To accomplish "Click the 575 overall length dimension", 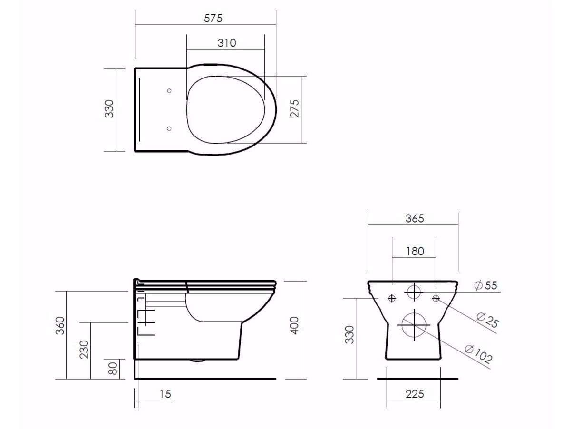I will click(x=213, y=18).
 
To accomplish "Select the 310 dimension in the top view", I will click(x=227, y=43).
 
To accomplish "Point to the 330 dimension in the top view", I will click(x=109, y=109).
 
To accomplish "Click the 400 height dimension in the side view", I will click(x=294, y=325).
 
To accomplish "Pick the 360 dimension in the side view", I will click(x=60, y=325).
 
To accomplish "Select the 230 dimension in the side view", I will click(x=84, y=350).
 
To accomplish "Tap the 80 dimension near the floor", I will click(x=113, y=369).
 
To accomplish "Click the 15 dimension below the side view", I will click(x=165, y=394).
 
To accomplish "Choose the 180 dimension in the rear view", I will click(x=415, y=251).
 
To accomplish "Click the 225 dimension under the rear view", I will click(x=415, y=394).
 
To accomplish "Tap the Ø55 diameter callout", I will click(x=485, y=285).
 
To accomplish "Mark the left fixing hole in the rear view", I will click(x=392, y=298).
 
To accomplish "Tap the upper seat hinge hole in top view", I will click(x=170, y=90).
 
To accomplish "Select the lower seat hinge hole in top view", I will click(x=170, y=128).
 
